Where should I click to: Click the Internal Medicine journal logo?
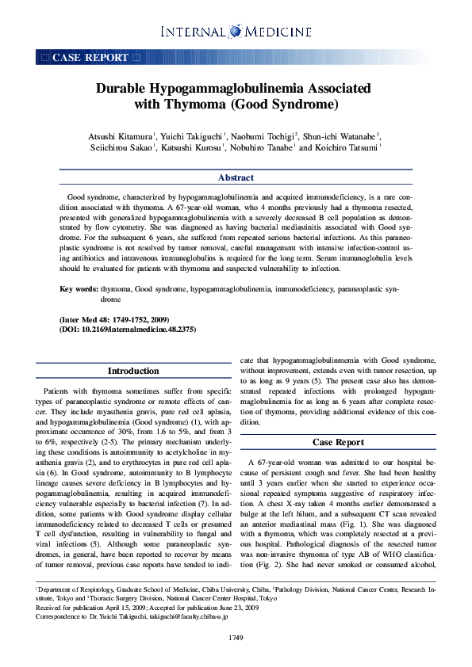[236, 32]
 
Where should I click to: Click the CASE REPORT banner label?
[90, 58]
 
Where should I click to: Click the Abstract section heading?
[236, 178]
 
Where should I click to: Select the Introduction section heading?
[133, 371]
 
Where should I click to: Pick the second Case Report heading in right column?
[339, 442]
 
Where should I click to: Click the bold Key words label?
[79, 291]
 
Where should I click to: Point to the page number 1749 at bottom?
[236, 637]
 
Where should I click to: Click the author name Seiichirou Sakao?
[122, 148]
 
